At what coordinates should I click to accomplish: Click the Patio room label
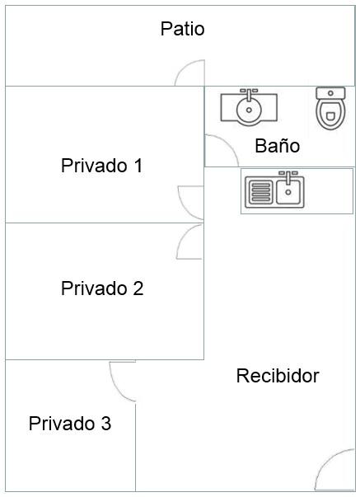pyautogui.click(x=182, y=29)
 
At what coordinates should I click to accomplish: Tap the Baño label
pyautogui.click(x=278, y=146)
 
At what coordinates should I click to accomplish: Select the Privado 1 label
pyautogui.click(x=101, y=165)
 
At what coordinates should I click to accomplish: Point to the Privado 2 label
pyautogui.click(x=102, y=288)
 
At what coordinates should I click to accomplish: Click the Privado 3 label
pyautogui.click(x=70, y=423)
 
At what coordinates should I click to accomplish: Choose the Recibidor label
pyautogui.click(x=278, y=376)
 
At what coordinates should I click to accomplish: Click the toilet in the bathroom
pyautogui.click(x=330, y=108)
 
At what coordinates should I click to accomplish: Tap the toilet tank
pyautogui.click(x=330, y=93)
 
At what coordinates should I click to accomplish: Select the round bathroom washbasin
pyautogui.click(x=249, y=110)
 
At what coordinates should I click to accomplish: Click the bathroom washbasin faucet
pyautogui.click(x=249, y=94)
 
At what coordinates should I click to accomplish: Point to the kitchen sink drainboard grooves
pyautogui.click(x=261, y=191)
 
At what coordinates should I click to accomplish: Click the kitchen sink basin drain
pyautogui.click(x=288, y=192)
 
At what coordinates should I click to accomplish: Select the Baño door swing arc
pyautogui.click(x=228, y=143)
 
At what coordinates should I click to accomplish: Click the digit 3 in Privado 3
pyautogui.click(x=106, y=424)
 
